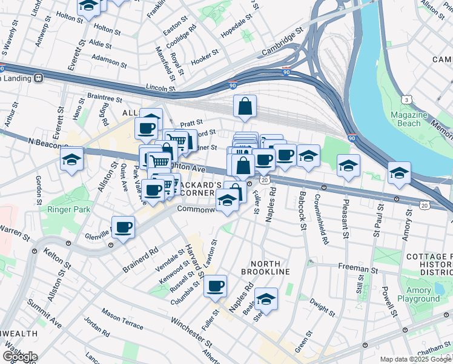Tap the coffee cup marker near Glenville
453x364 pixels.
point(124,228)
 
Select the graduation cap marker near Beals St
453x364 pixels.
point(265,299)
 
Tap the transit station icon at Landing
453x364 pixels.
point(38,78)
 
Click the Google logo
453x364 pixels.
point(21,356)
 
